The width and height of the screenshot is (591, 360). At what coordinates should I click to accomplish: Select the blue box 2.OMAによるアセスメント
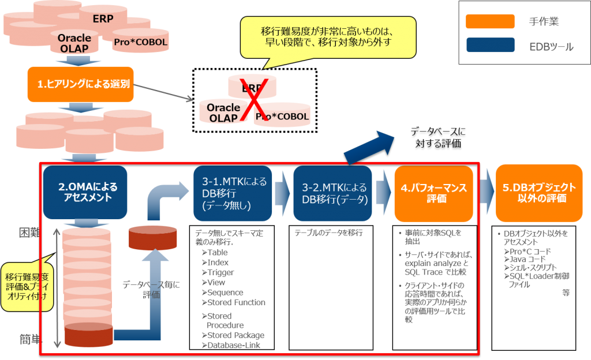point(84,193)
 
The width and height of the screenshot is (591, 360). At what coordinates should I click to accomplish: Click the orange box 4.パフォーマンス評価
point(433,193)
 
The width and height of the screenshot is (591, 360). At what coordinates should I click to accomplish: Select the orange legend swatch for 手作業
point(490,22)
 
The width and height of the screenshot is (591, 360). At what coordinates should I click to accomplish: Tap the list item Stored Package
point(235,335)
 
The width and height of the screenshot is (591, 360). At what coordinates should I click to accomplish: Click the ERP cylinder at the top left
point(103,17)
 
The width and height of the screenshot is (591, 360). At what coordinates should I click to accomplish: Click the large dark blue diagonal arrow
point(369,148)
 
